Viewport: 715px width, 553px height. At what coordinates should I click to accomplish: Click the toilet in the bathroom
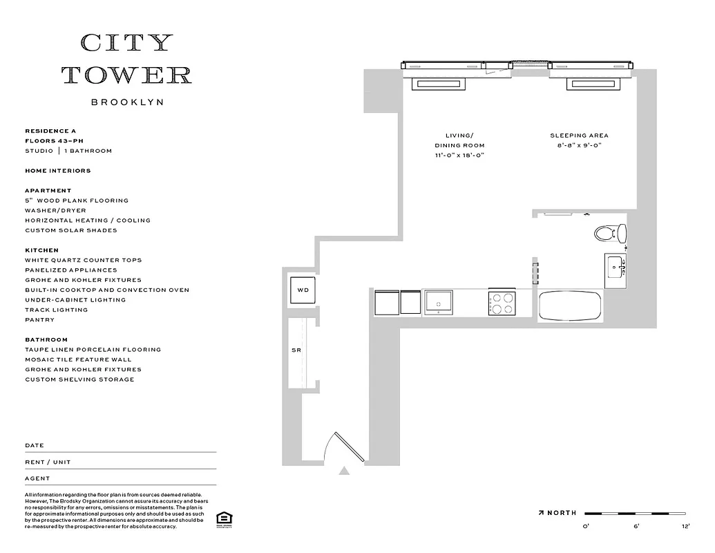pos(609,233)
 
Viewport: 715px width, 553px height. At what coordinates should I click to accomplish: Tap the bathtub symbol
pos(569,306)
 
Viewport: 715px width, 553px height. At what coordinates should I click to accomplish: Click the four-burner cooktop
pos(502,303)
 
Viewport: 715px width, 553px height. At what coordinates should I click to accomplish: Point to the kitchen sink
pos(438,303)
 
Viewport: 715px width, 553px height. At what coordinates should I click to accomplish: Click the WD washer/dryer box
pos(303,290)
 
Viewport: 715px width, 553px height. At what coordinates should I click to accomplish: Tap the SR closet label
pos(296,350)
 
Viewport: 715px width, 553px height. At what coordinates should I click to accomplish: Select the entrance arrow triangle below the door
pos(344,471)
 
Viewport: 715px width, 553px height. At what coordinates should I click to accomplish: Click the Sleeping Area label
pos(579,135)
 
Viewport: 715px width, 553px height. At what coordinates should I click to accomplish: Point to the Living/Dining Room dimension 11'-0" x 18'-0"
pos(459,156)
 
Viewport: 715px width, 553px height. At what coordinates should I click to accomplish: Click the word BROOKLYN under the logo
pos(127,102)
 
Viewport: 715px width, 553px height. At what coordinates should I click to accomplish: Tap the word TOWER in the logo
pos(127,75)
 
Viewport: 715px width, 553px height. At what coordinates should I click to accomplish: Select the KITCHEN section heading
pos(41,250)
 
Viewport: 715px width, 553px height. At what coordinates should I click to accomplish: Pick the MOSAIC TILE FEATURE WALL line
pos(77,359)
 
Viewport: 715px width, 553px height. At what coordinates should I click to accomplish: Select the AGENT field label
pos(37,478)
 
